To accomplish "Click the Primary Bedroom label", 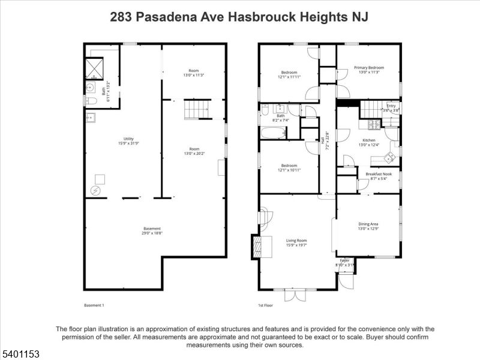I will point(368,68).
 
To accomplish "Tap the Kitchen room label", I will point(368,140).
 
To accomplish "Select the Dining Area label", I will point(368,224).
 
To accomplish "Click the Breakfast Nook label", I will point(378,174).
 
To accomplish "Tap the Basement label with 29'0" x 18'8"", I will point(152,228).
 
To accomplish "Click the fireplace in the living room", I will point(258,246).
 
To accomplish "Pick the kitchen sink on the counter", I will point(389,157).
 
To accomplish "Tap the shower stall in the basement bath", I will point(94,68).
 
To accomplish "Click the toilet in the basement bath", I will point(90,100).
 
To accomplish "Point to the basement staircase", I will point(194,110).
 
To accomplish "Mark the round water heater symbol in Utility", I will point(95,191).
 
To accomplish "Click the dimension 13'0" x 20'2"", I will point(194,153).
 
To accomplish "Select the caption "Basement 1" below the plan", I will point(94,305).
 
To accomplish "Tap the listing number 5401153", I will point(20,355).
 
